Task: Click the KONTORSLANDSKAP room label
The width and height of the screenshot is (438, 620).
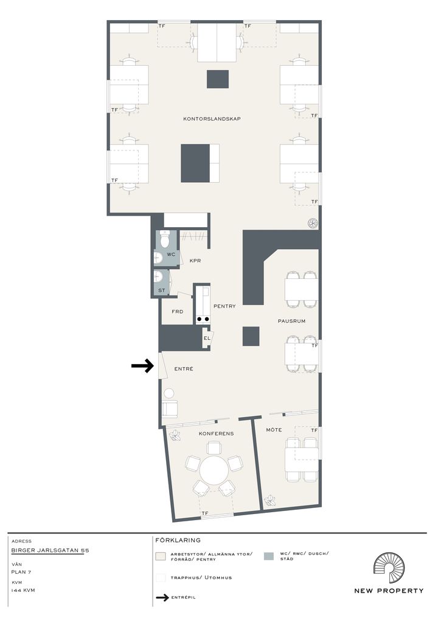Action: click(212, 119)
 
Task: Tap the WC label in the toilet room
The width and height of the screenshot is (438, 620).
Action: click(170, 254)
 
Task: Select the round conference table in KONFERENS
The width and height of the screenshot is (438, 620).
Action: click(214, 471)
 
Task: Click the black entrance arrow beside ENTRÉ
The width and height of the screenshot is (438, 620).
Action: click(142, 366)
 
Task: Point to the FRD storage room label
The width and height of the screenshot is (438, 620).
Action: click(178, 312)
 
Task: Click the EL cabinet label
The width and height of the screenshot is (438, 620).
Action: click(207, 338)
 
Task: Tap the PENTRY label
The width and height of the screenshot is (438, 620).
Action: click(224, 306)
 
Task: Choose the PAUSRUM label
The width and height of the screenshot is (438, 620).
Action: click(291, 321)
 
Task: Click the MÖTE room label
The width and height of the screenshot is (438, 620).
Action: click(274, 429)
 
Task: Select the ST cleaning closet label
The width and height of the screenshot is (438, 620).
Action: click(162, 291)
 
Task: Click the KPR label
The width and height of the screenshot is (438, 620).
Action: click(195, 261)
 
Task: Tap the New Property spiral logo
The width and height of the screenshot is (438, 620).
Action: click(389, 568)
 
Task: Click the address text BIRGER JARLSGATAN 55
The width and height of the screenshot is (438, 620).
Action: click(50, 550)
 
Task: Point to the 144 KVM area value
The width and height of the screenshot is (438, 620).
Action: click(23, 590)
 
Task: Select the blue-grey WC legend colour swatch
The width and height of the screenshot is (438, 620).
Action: click(268, 556)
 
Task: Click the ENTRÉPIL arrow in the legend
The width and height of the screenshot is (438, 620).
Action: click(162, 597)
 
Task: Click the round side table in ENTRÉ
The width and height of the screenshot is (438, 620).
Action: click(169, 393)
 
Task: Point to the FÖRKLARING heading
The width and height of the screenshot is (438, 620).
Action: click(178, 540)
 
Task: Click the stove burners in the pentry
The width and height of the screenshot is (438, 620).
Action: click(203, 319)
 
